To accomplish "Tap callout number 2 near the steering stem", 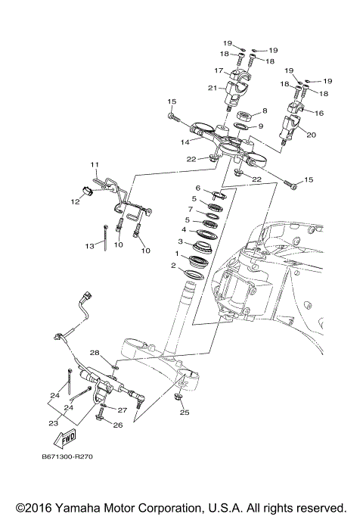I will [174, 266].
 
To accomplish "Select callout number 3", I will [180, 241].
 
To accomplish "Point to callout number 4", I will [183, 229].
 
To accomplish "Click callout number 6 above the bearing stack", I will [198, 188].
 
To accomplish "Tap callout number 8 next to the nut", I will [264, 111].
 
